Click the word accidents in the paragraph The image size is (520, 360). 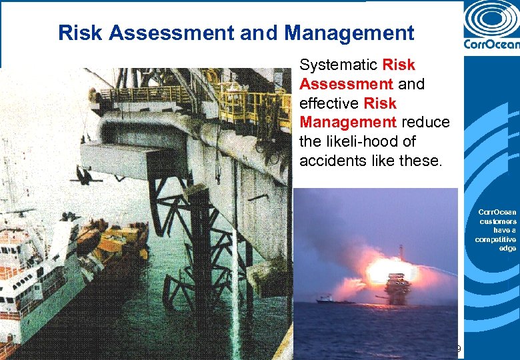pos(329,161)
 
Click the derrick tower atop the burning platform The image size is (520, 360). pos(401,254)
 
